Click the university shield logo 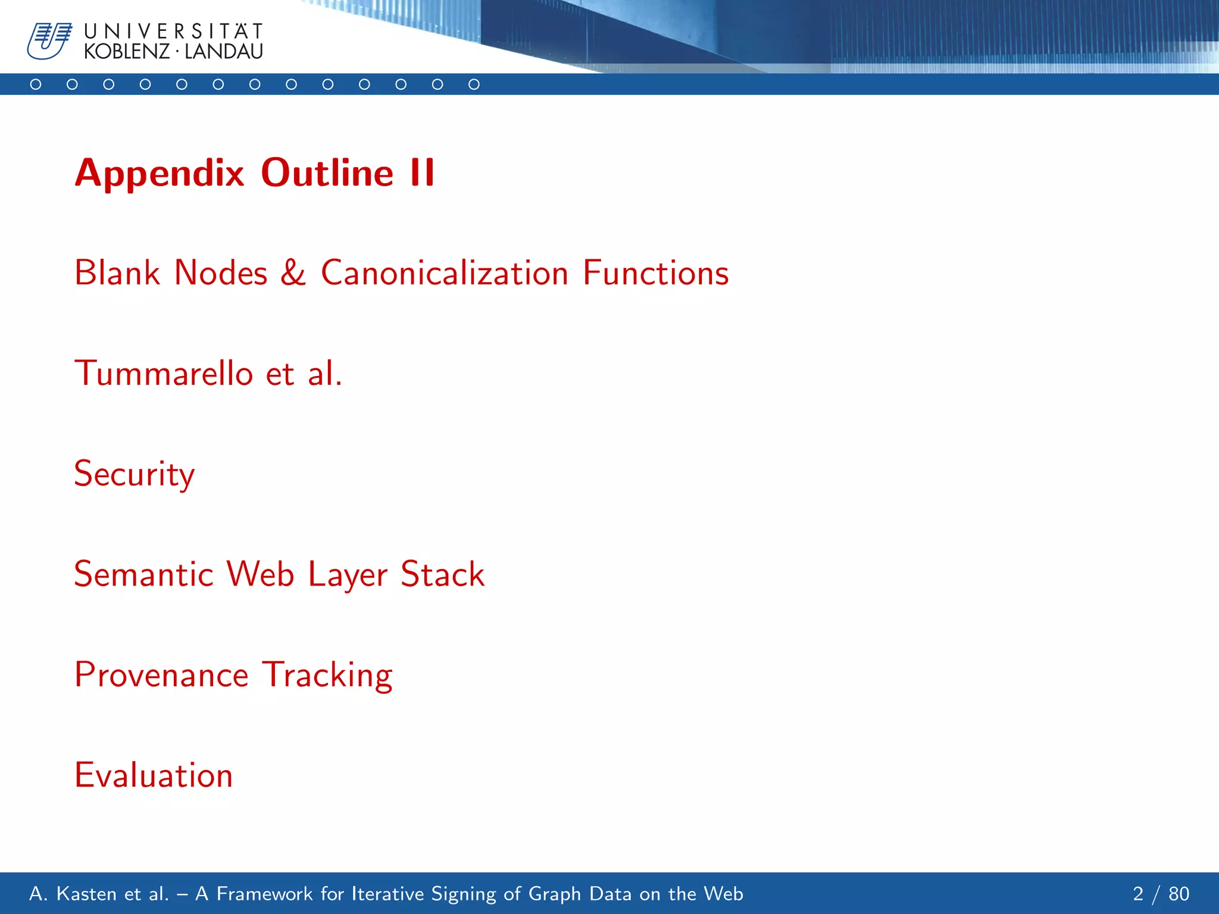coord(49,41)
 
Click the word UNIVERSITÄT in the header coord(173,31)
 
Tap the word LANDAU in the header coord(223,52)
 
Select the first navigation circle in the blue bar coord(36,84)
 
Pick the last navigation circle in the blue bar coord(474,84)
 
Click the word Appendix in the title coord(160,174)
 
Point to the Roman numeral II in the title coord(422,174)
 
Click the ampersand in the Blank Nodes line coord(293,273)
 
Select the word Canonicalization coord(445,273)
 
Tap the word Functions coord(655,273)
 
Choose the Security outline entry coord(135,474)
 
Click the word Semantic coord(143,575)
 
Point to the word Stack coord(442,575)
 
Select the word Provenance coord(161,675)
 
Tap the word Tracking coord(327,675)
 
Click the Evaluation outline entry coord(154,775)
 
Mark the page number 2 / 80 coord(1161,894)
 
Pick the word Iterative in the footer coord(388,894)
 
